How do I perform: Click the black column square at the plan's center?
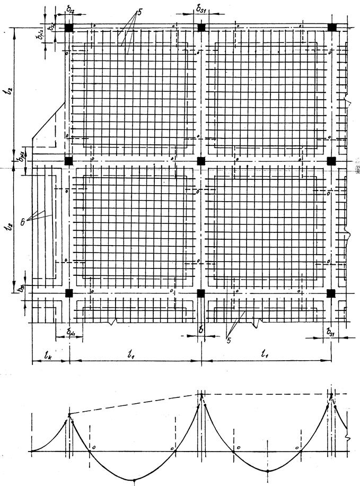point(200,160)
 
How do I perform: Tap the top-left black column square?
point(68,28)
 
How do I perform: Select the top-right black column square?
point(332,28)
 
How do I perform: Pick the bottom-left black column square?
point(68,293)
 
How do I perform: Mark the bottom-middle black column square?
point(200,293)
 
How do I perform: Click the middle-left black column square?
point(68,160)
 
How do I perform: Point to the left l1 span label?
point(131,352)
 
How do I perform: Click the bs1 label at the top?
point(201,10)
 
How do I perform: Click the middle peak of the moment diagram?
point(201,394)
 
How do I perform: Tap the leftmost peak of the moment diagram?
point(68,414)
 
